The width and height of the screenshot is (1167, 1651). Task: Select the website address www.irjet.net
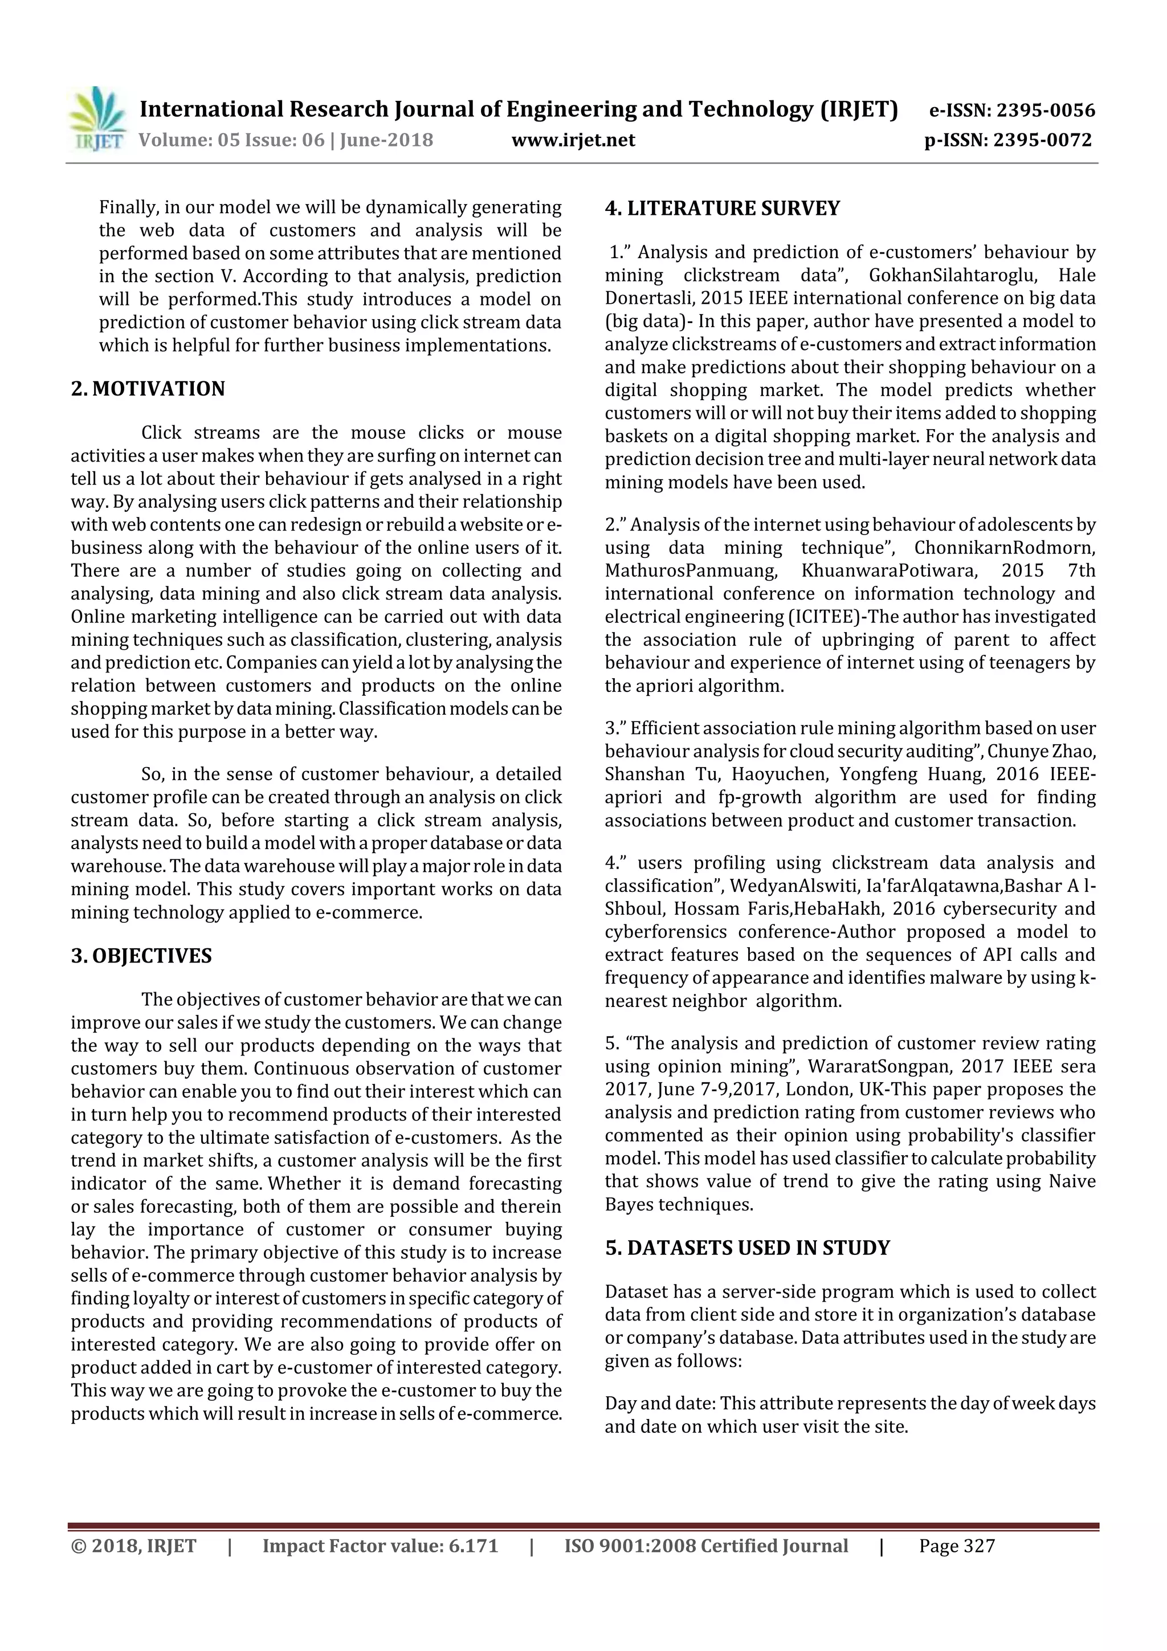[x=573, y=140]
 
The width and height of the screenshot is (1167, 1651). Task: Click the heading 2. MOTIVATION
[x=148, y=389]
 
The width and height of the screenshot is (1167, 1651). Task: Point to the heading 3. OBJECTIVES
[x=142, y=956]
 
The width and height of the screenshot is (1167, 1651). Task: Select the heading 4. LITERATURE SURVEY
[x=722, y=209]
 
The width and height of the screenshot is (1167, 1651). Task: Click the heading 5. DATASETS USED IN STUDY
[x=747, y=1248]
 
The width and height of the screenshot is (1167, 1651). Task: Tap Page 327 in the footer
[x=956, y=1546]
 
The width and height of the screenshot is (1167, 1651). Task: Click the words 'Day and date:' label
[x=659, y=1404]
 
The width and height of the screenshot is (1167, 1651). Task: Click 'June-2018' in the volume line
[x=386, y=140]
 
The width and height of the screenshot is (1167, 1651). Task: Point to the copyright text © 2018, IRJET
[x=134, y=1546]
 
